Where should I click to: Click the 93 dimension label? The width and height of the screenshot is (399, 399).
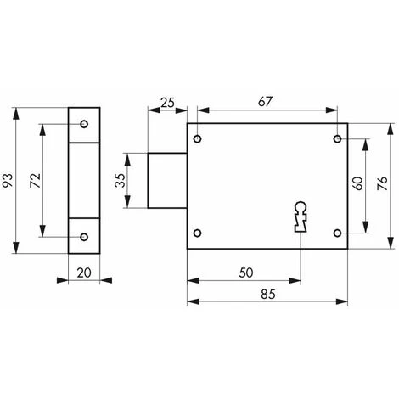tap(8, 180)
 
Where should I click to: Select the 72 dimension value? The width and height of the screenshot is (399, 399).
tap(36, 180)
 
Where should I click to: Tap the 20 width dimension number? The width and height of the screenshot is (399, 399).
tap(84, 273)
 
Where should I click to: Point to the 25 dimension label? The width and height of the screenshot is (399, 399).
tap(167, 103)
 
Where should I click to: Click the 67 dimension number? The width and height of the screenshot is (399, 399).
tap(265, 102)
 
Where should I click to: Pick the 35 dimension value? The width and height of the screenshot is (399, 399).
tap(121, 180)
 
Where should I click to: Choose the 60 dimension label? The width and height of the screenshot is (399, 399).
tap(357, 183)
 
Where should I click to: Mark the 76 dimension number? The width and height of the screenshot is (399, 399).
tap(382, 183)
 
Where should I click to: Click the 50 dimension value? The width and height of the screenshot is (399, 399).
tap(246, 273)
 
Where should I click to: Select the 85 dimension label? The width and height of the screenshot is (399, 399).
tap(267, 295)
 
